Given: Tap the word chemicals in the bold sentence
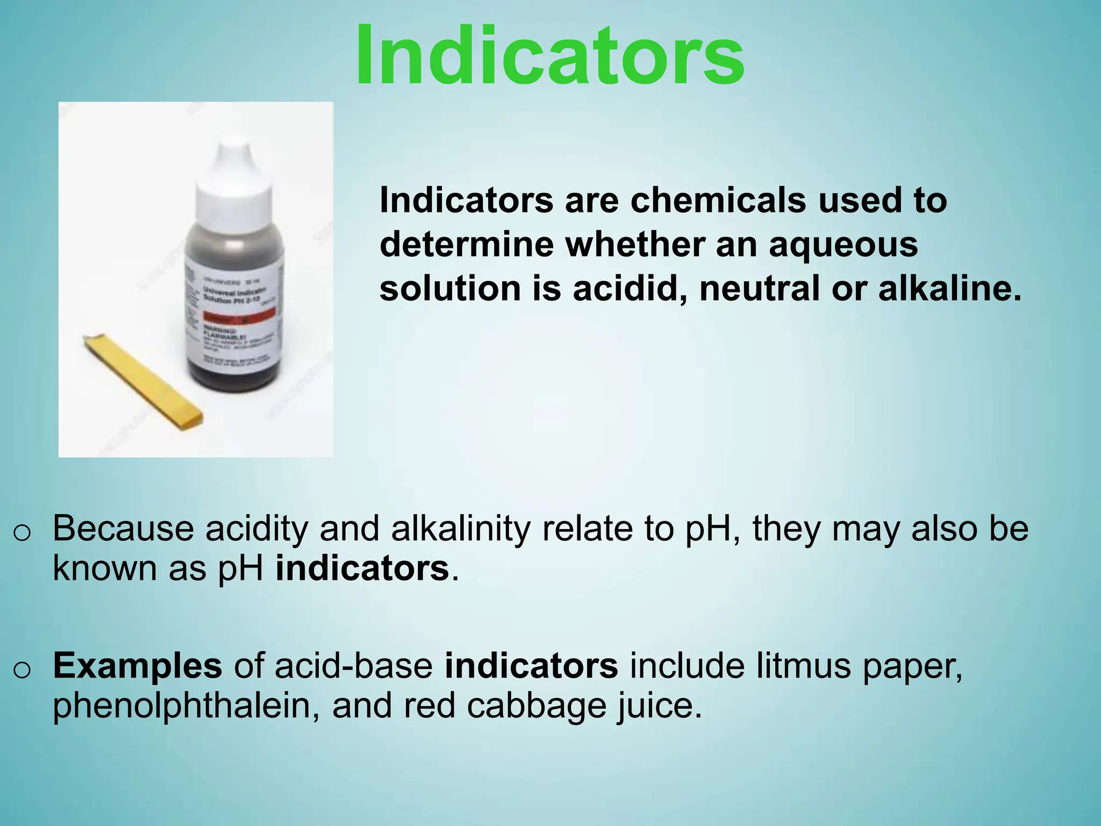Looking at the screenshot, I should click(718, 200).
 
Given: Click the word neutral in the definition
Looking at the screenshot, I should click(759, 289).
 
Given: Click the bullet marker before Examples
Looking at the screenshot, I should click(22, 670).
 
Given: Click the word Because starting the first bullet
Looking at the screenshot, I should click(123, 529).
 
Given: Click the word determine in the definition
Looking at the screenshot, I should click(467, 245).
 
